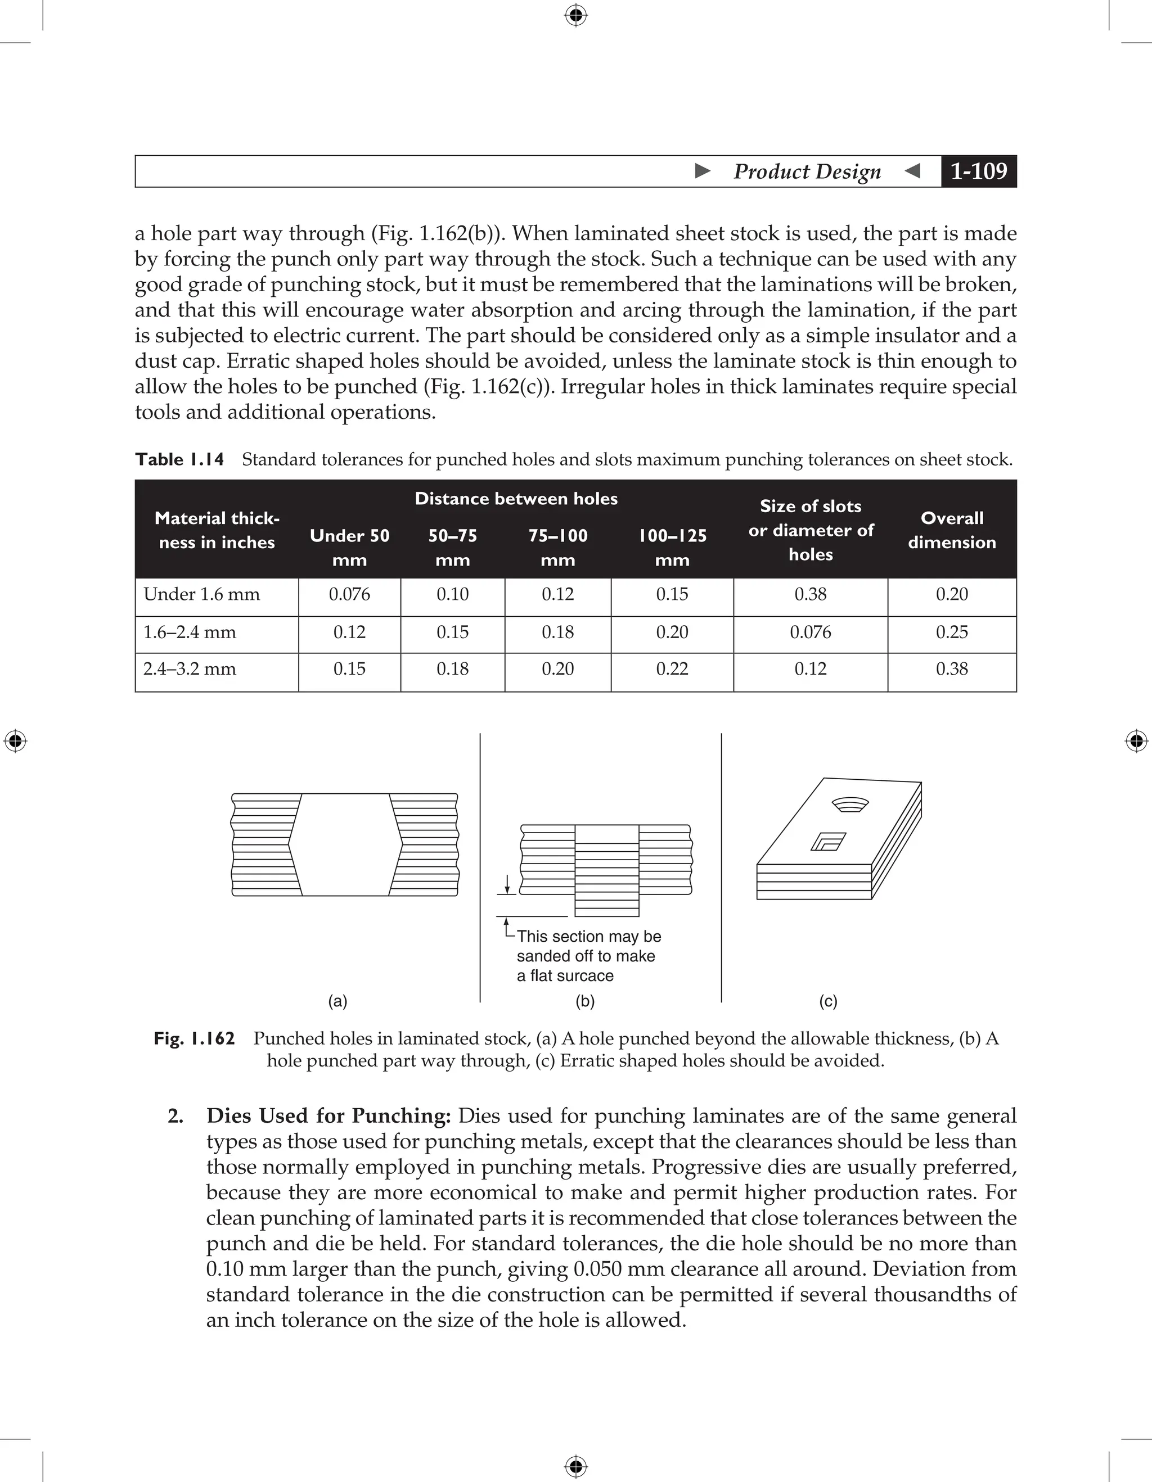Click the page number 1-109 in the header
tap(978, 171)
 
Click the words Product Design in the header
tap(807, 171)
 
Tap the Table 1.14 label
tap(179, 459)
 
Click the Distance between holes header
tap(516, 499)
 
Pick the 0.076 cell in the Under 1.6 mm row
tap(350, 594)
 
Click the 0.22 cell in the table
tap(672, 669)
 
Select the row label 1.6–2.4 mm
tap(190, 632)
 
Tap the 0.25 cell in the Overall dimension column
tap(952, 632)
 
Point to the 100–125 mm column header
tap(672, 547)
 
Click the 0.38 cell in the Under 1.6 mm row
tap(811, 594)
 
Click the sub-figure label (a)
tap(337, 1001)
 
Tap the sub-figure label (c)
tap(828, 1001)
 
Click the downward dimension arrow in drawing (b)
tap(506, 884)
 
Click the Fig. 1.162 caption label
tap(194, 1039)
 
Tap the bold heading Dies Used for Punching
tap(328, 1115)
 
